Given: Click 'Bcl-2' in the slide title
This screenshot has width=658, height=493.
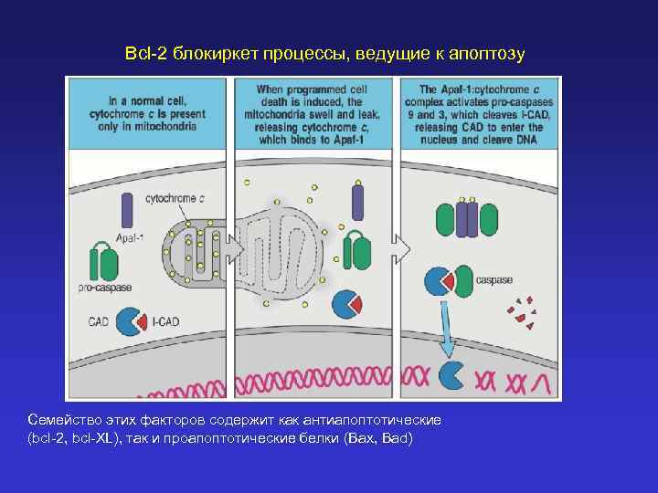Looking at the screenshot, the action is [x=144, y=55].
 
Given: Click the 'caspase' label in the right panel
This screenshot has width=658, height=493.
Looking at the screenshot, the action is [x=494, y=280].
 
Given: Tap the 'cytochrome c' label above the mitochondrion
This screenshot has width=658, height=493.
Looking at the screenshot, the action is [x=175, y=197].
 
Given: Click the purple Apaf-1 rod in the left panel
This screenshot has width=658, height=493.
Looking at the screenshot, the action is [x=126, y=213].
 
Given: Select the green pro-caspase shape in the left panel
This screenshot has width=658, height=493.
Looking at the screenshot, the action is [x=103, y=264].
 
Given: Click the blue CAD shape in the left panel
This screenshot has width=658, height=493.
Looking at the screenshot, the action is [x=127, y=320].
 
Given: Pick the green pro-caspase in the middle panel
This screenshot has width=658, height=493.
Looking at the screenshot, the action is [x=356, y=251].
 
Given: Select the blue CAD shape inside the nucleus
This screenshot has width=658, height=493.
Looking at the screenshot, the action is [x=451, y=373].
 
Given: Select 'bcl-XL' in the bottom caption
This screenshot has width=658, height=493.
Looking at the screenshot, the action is [x=90, y=439].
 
